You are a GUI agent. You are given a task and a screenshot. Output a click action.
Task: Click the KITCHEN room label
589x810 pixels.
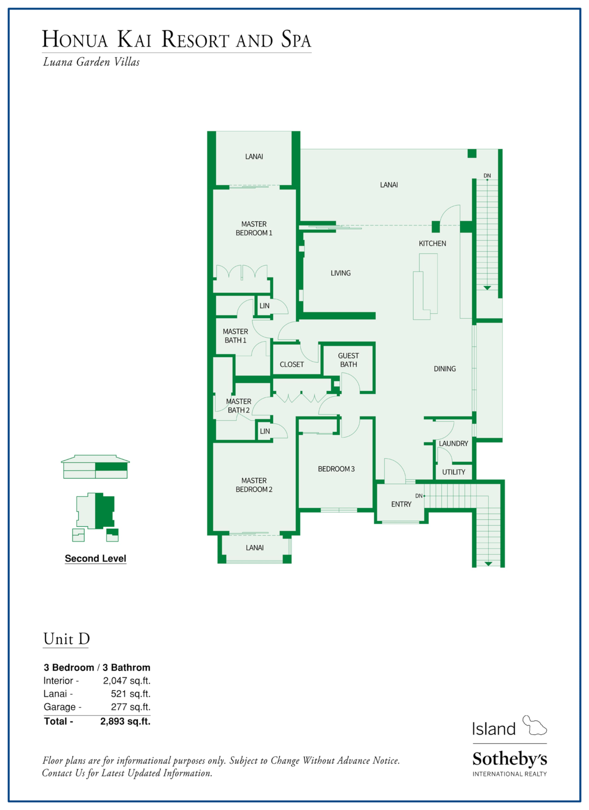(x=432, y=244)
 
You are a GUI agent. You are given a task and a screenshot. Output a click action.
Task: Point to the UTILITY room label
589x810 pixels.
(x=454, y=472)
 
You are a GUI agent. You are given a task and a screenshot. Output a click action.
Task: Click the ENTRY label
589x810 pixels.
(x=401, y=504)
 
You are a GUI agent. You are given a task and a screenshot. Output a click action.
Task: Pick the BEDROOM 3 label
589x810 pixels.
(x=336, y=469)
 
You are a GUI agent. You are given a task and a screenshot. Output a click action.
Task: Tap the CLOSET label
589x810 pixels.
(x=292, y=365)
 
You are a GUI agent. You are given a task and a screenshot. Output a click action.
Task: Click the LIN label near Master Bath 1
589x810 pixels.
(x=265, y=306)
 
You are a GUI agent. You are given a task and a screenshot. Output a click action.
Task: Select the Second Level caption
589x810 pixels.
(x=96, y=559)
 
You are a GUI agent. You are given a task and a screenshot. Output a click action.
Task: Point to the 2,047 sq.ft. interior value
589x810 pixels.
(x=127, y=681)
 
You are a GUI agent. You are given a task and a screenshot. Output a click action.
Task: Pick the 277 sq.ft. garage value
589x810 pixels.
(x=131, y=707)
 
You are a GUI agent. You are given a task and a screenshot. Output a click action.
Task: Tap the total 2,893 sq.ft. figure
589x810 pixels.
(x=125, y=721)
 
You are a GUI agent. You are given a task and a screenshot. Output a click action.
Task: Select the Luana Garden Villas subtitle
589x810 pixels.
(x=91, y=62)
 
